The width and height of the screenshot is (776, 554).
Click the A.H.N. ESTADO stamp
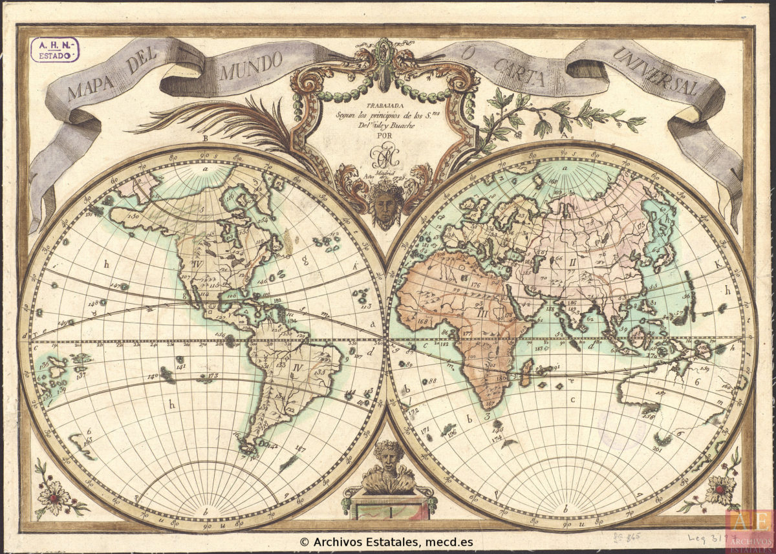point(55,49)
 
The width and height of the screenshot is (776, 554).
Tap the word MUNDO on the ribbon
point(250,65)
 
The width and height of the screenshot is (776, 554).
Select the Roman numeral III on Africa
point(482,313)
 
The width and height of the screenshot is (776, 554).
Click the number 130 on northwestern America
point(135,216)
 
